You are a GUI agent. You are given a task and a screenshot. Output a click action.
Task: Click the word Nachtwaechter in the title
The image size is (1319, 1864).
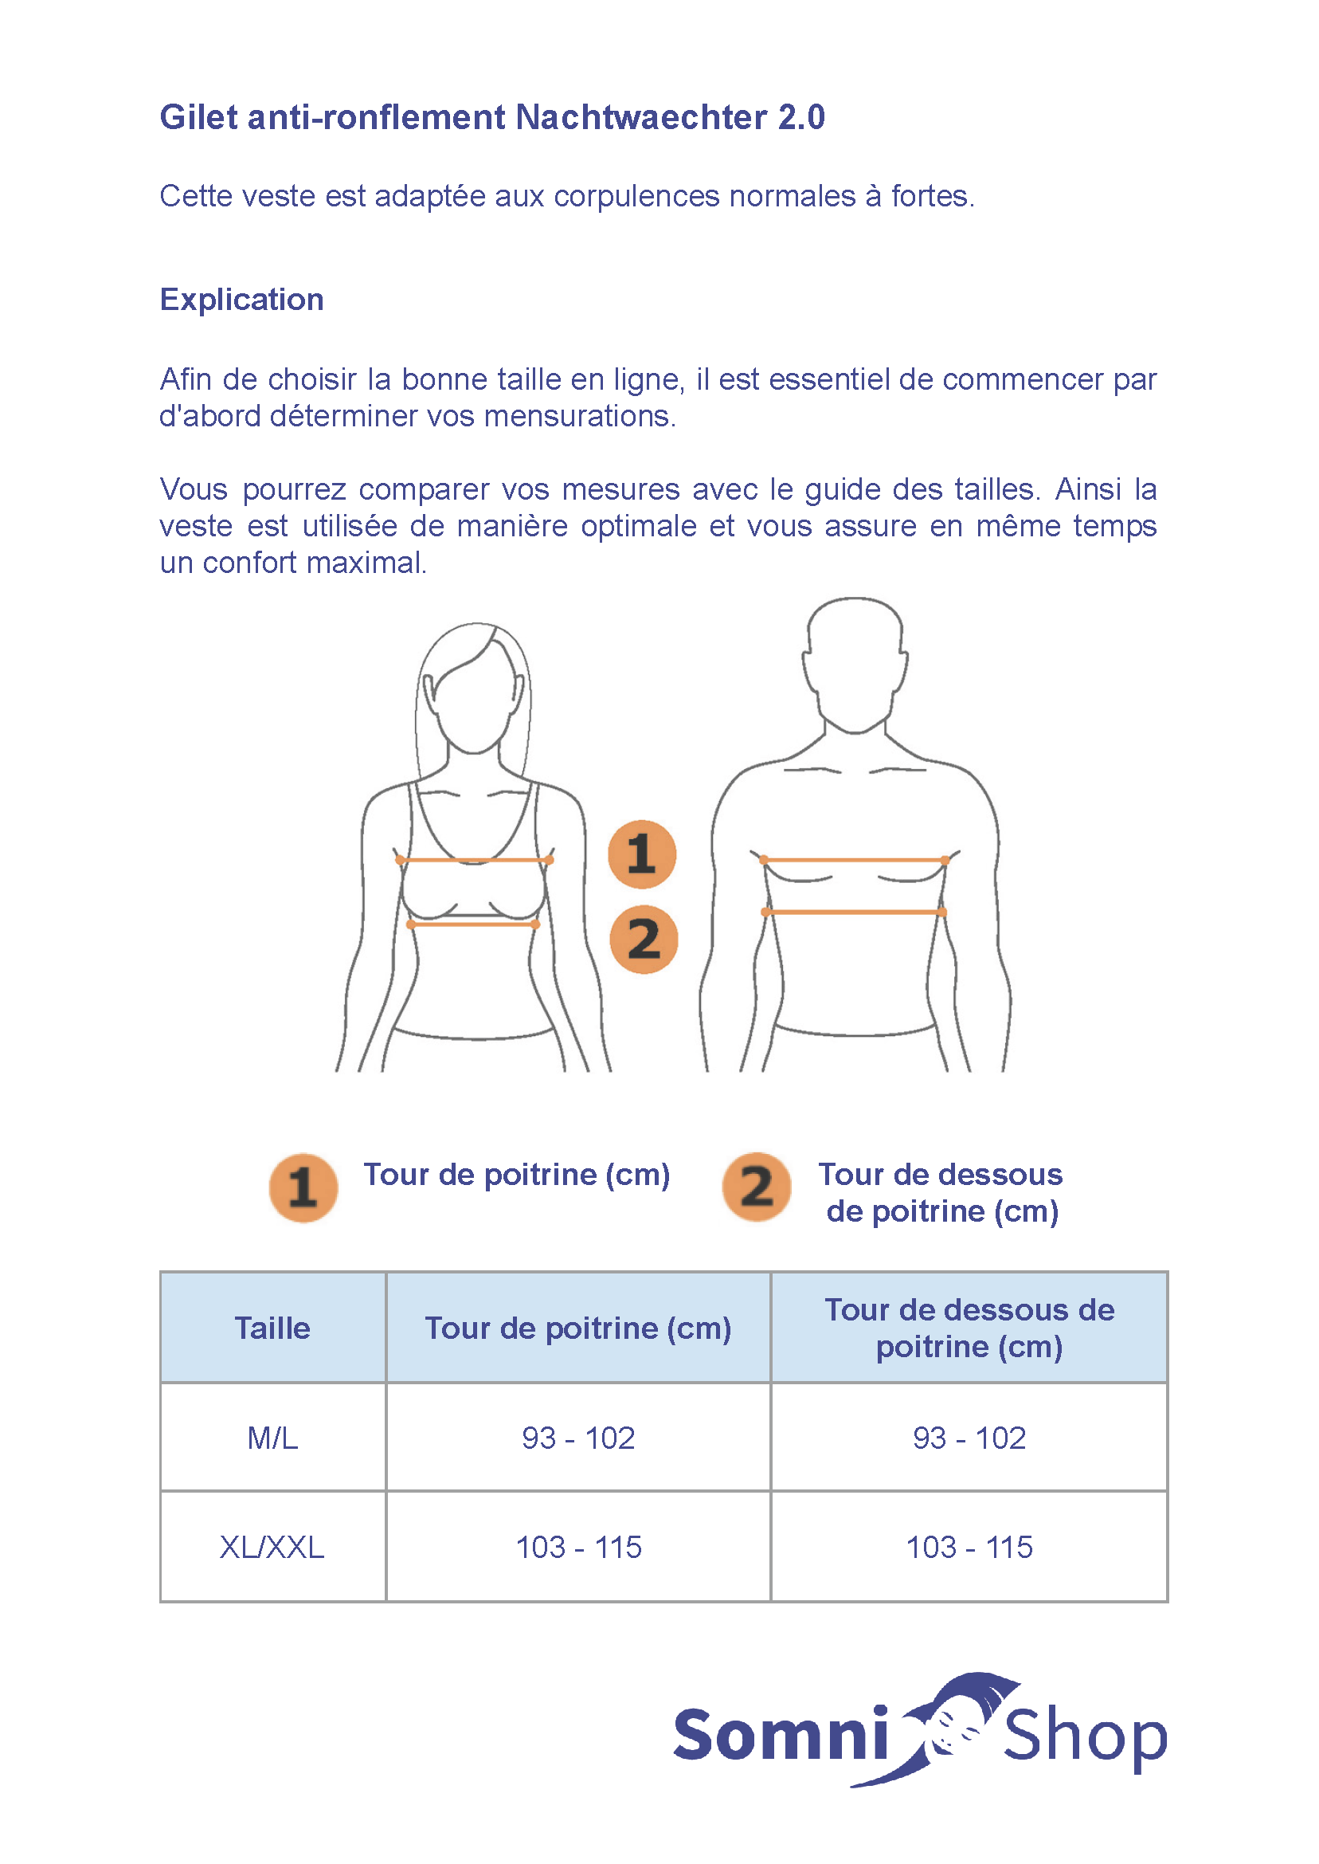point(641,117)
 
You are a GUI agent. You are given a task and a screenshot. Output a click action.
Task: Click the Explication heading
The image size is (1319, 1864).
point(241,300)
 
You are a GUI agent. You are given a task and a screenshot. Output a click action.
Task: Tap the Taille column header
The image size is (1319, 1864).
point(272,1328)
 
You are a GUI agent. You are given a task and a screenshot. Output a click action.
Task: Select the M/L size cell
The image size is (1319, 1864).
point(272,1438)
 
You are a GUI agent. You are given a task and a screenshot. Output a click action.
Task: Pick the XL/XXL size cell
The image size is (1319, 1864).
point(272,1547)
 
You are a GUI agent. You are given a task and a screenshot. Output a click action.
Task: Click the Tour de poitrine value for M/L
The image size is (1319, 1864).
point(578,1438)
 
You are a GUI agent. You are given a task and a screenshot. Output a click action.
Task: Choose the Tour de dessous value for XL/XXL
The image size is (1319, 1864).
point(969,1547)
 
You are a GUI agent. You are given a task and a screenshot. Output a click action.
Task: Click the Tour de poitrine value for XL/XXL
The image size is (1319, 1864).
point(578,1547)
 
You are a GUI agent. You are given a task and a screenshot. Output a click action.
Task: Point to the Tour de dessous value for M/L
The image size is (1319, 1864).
point(969,1438)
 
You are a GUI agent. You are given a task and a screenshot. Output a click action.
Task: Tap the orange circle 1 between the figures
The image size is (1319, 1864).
point(642,854)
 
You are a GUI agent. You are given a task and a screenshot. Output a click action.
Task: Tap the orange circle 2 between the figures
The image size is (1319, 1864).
point(644,940)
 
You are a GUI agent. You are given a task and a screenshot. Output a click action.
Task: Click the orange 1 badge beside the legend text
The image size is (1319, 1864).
point(303,1187)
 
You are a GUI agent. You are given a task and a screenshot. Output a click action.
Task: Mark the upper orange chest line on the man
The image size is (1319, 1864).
point(855,859)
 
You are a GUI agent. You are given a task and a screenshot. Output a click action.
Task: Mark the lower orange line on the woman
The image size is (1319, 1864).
point(472,924)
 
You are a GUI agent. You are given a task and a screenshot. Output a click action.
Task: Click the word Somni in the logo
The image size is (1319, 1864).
point(781,1736)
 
